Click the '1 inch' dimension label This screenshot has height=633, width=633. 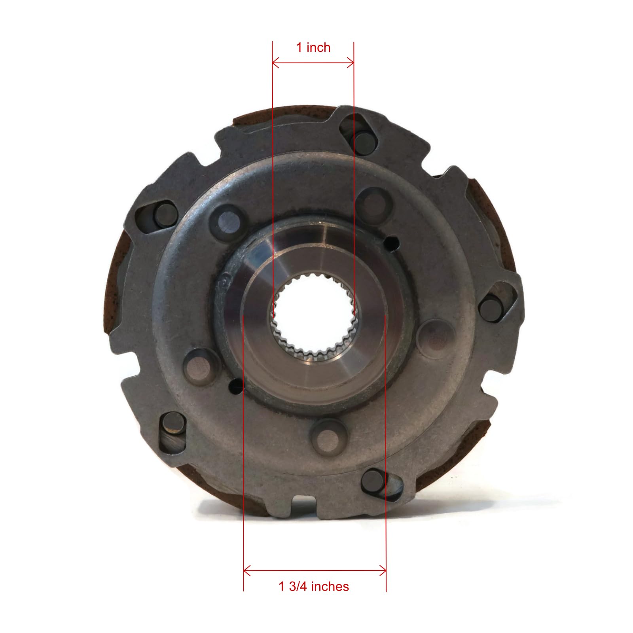[313, 47]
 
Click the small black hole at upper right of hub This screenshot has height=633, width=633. [392, 241]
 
